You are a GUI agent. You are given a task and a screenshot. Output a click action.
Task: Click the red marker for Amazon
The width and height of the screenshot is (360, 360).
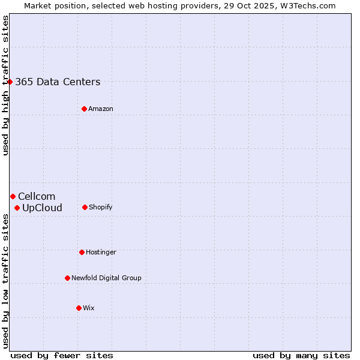click(x=84, y=109)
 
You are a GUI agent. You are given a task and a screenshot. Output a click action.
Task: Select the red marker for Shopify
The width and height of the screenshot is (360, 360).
click(x=85, y=207)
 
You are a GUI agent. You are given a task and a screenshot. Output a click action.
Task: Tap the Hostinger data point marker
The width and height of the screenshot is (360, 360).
click(x=82, y=252)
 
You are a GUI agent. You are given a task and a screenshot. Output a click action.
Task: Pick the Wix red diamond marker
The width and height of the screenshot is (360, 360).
click(x=79, y=308)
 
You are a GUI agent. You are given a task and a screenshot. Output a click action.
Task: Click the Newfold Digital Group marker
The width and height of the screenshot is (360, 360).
click(x=67, y=278)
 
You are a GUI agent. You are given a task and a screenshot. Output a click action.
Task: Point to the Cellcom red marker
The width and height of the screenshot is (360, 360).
click(x=13, y=196)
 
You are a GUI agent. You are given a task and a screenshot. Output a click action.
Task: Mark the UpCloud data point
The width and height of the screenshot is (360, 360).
click(x=17, y=208)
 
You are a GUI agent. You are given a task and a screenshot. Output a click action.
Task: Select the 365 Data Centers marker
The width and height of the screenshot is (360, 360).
click(x=10, y=82)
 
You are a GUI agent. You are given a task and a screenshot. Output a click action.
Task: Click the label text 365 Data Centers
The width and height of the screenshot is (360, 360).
click(x=58, y=82)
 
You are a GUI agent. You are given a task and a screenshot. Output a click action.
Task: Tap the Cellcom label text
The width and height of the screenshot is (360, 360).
click(x=37, y=197)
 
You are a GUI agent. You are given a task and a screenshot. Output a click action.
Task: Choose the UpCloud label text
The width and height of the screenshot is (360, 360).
click(x=42, y=208)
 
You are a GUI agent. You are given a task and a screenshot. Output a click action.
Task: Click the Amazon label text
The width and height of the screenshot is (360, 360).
click(x=101, y=109)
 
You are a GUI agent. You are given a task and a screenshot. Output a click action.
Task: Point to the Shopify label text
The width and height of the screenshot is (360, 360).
click(x=101, y=208)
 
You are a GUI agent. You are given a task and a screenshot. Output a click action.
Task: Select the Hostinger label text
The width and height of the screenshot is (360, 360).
click(x=101, y=253)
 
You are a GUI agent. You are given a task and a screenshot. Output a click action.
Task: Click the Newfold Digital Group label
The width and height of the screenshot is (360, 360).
click(x=106, y=278)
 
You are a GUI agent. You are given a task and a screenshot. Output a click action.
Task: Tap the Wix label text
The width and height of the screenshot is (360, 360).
click(x=89, y=308)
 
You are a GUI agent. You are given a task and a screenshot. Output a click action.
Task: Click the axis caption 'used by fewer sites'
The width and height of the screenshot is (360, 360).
click(x=62, y=355)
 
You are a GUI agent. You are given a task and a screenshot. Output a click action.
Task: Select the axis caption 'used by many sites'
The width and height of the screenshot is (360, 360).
click(x=301, y=355)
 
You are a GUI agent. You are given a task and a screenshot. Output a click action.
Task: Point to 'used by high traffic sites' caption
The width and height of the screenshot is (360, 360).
click(x=5, y=85)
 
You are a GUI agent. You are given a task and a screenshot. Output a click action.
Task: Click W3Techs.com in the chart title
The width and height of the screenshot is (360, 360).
click(x=306, y=5)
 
